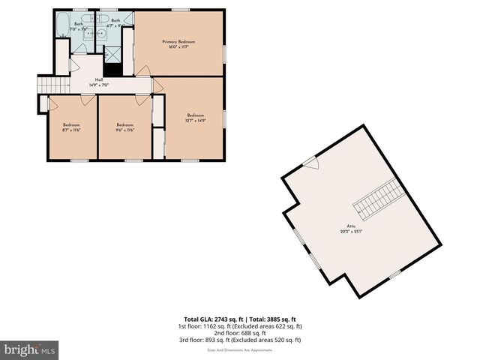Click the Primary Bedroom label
pyautogui.click(x=178, y=42)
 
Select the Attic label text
pyautogui.click(x=351, y=226)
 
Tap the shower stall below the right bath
pyautogui.click(x=112, y=54)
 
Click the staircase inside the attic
pyautogui.click(x=379, y=198)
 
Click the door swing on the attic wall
pyautogui.click(x=310, y=163)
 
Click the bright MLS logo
pyautogui.click(x=30, y=349)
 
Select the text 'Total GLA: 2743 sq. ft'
pyautogui.click(x=212, y=319)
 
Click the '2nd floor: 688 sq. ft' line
pyautogui.click(x=239, y=333)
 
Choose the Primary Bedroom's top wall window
pyautogui.click(x=180, y=10)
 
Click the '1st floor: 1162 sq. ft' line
pyautogui.click(x=239, y=326)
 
